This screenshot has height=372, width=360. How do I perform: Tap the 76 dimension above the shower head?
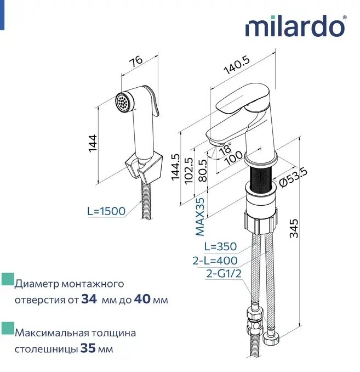(136, 61)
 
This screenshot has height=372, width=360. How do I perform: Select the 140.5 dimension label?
(237, 65)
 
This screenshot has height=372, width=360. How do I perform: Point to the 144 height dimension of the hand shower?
(93, 143)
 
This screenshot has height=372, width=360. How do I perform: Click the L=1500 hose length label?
(106, 211)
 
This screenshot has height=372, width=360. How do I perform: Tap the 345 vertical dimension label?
(294, 228)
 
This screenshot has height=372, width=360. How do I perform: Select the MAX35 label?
(200, 217)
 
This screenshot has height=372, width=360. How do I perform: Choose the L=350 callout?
(220, 246)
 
